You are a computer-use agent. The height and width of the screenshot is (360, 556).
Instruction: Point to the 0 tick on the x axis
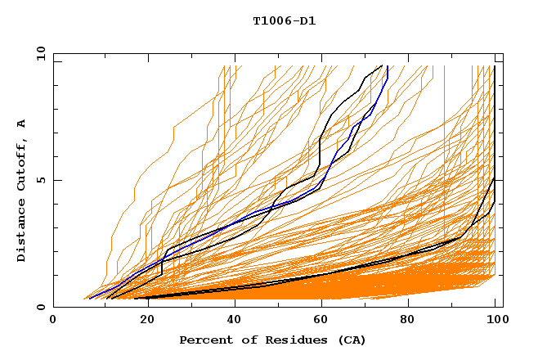[x=53, y=320]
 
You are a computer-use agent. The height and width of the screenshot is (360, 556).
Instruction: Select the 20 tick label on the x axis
[x=146, y=320]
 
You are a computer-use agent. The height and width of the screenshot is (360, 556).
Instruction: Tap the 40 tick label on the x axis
[x=234, y=320]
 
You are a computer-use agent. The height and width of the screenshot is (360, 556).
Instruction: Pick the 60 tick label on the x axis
[x=322, y=320]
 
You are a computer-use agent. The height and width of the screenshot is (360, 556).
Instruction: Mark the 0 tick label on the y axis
[x=41, y=307]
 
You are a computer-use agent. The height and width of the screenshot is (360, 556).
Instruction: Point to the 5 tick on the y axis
[x=41, y=180]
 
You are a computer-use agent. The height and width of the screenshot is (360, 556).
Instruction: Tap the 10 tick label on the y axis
[x=38, y=53]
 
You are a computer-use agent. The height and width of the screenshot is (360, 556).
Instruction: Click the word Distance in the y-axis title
[x=22, y=233]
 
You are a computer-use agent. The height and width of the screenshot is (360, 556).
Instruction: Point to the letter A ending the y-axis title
[x=22, y=124]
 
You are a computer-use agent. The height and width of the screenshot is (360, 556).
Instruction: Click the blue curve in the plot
[x=245, y=218]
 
